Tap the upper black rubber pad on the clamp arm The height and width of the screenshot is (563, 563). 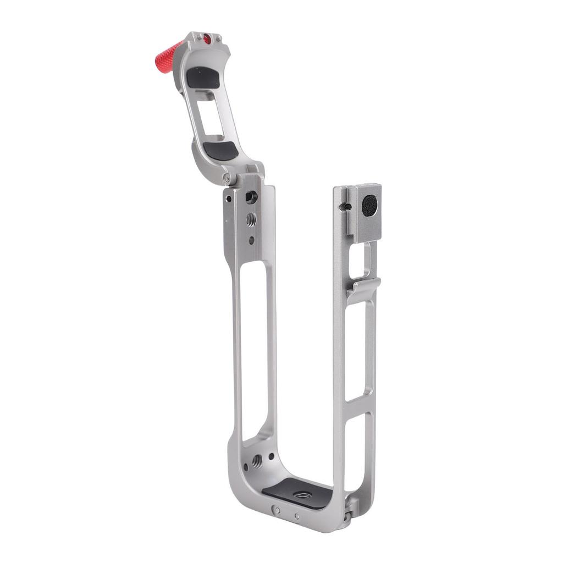click(203, 78)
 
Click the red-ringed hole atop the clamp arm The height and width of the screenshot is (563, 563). click(207, 39)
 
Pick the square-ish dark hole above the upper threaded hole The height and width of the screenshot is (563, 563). click(251, 196)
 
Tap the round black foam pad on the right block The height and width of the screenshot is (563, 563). click(369, 206)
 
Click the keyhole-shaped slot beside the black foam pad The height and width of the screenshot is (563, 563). click(344, 207)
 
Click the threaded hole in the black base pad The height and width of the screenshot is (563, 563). click(301, 495)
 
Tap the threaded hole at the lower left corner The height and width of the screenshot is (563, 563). click(257, 461)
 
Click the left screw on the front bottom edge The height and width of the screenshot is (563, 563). click(277, 510)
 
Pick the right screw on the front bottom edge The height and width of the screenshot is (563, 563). click(297, 516)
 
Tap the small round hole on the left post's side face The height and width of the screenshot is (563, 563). click(228, 199)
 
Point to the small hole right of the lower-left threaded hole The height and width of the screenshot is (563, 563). click(271, 456)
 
